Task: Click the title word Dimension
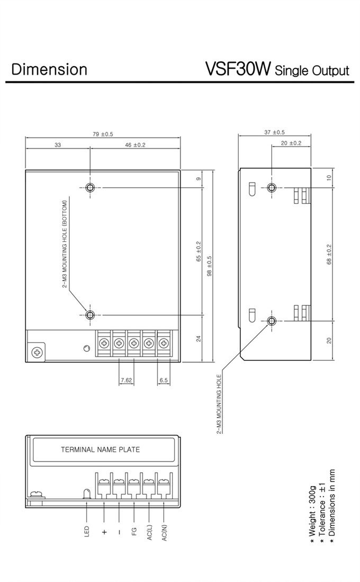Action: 49,69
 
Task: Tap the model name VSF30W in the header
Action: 238,69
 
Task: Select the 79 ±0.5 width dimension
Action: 103,134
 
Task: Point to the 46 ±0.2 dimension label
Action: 135,145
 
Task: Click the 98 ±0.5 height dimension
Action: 209,266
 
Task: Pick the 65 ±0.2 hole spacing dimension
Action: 199,252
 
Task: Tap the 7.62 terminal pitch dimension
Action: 127,380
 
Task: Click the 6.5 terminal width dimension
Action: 164,380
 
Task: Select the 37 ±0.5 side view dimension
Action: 275,132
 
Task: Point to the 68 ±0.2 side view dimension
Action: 329,254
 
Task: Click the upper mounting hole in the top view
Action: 89,187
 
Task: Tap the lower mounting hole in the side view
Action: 272,320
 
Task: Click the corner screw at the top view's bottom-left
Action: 37,351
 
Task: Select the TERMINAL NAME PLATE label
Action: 100,450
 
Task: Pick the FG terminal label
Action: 134,532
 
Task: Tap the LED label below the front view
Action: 87,531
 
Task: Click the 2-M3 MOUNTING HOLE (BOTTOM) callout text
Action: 65,244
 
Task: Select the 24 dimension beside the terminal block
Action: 199,339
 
